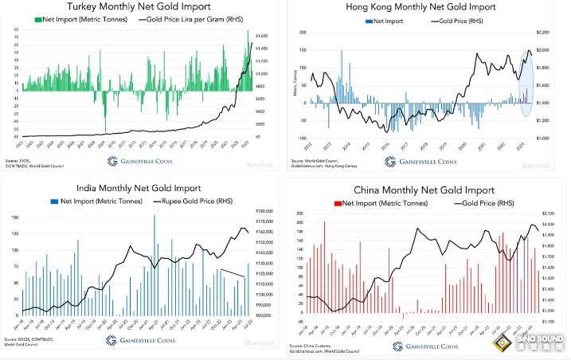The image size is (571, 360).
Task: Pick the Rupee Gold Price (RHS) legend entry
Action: coord(196,202)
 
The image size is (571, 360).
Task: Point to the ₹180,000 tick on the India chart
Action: coord(260,211)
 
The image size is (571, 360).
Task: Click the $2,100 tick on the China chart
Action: coord(543,214)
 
